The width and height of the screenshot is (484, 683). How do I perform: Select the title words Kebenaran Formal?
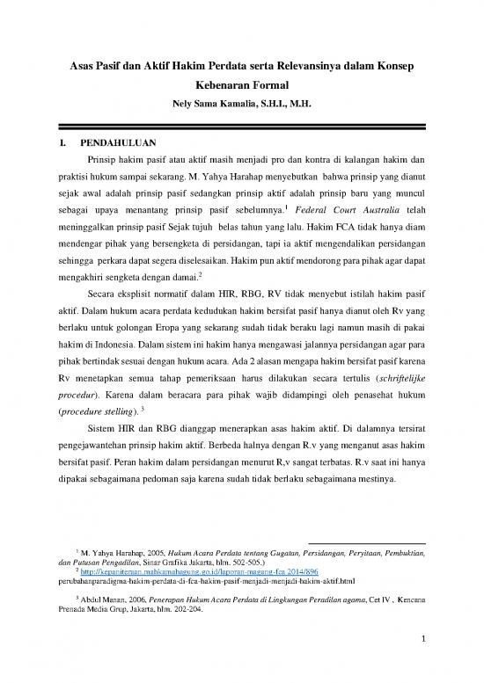click(x=241, y=89)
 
